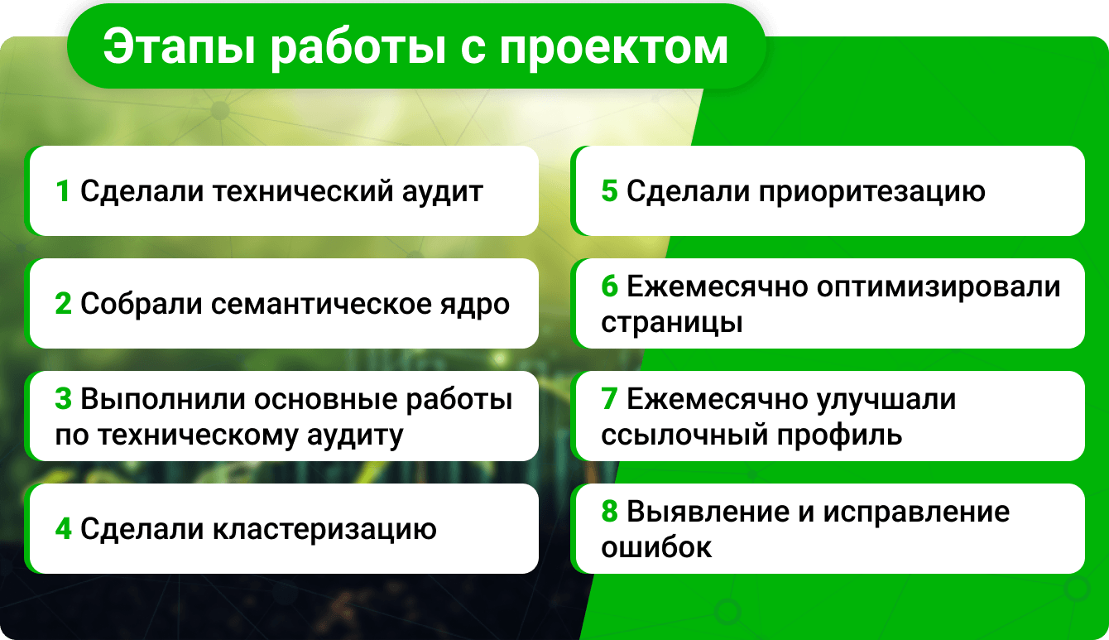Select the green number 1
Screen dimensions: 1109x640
click(62, 191)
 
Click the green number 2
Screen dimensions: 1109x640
click(63, 303)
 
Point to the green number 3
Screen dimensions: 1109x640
click(63, 399)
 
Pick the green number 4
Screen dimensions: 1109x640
click(63, 528)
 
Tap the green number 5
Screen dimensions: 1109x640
click(609, 191)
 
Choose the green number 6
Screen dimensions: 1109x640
click(609, 286)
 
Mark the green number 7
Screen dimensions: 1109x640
click(609, 399)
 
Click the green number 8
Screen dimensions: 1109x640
click(609, 511)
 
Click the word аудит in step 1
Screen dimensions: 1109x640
click(442, 192)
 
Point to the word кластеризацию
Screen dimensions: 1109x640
click(324, 530)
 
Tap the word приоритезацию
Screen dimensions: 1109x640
click(871, 193)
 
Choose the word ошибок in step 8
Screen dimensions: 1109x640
click(656, 547)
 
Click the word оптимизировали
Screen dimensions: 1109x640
click(939, 288)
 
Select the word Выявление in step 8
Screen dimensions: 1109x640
click(708, 512)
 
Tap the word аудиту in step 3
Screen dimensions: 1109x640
click(355, 436)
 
